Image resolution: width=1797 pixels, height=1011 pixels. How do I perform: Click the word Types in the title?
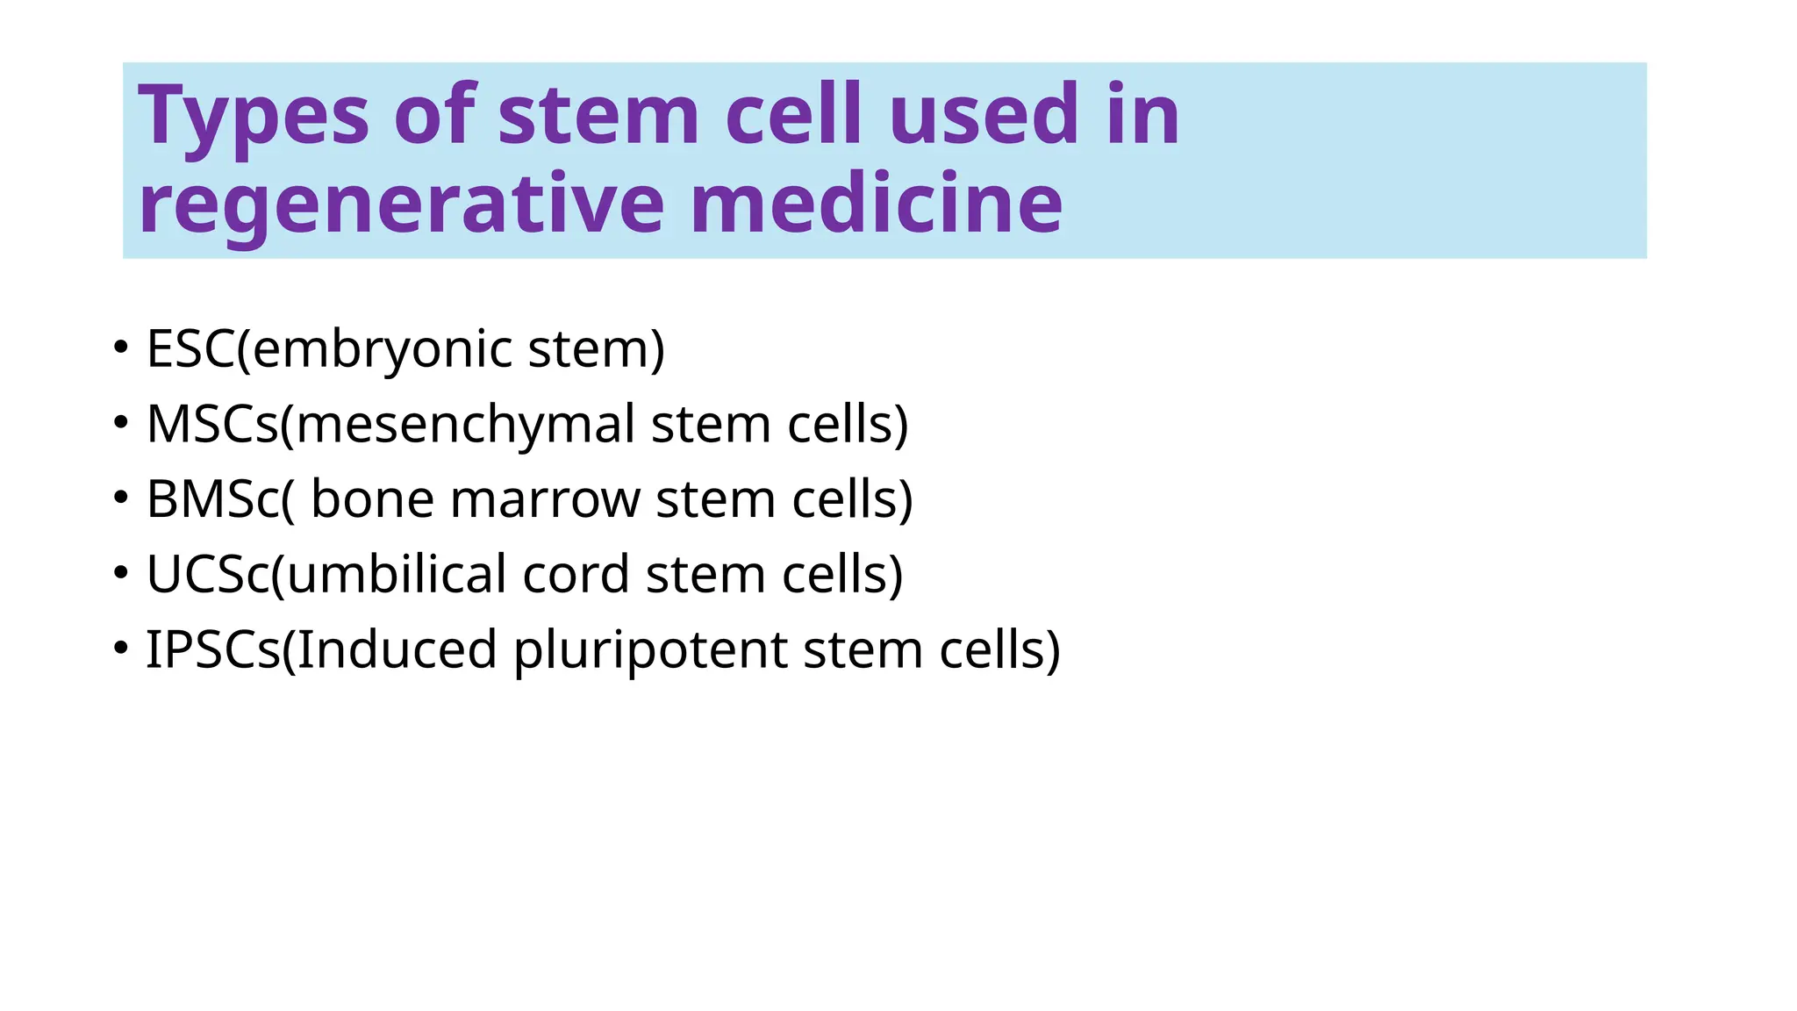tap(254, 117)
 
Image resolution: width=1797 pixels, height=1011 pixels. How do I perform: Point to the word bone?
tap(372, 499)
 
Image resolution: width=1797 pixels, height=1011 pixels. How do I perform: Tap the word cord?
tap(575, 575)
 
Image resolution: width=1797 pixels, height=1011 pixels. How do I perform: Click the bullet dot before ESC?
tap(121, 347)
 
